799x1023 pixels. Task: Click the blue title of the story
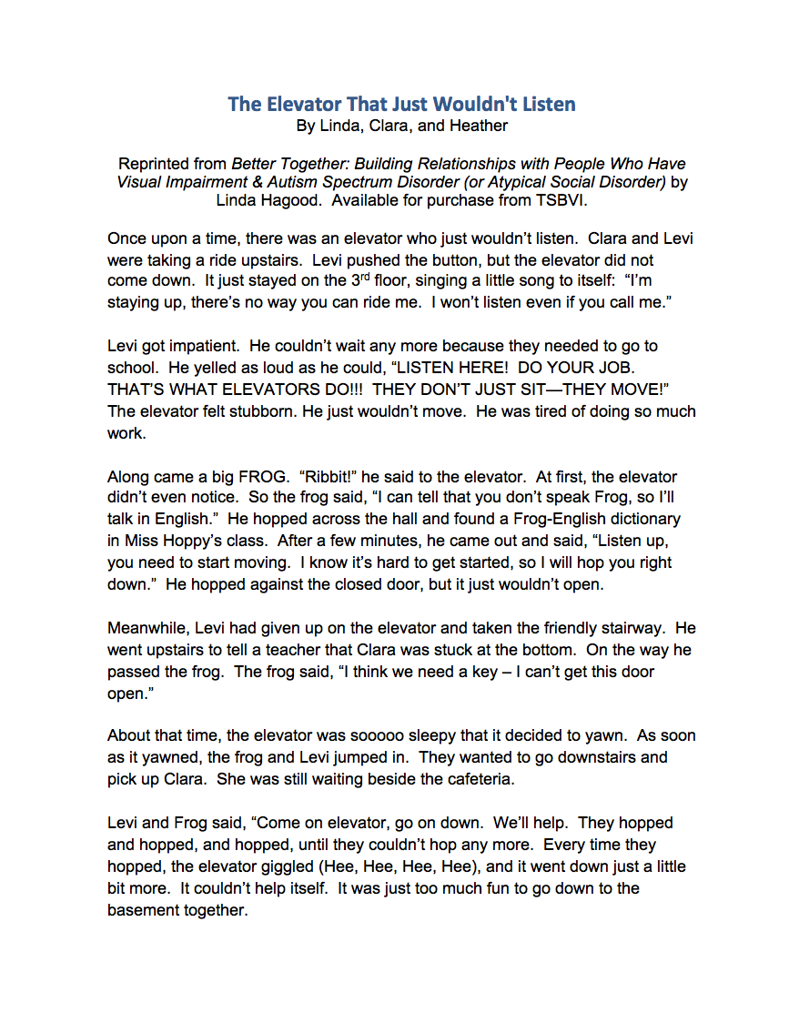click(x=401, y=104)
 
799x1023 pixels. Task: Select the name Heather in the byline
click(x=479, y=127)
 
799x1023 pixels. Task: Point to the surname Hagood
click(x=295, y=200)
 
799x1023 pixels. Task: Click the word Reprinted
click(x=154, y=165)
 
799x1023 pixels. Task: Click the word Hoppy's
click(x=192, y=542)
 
